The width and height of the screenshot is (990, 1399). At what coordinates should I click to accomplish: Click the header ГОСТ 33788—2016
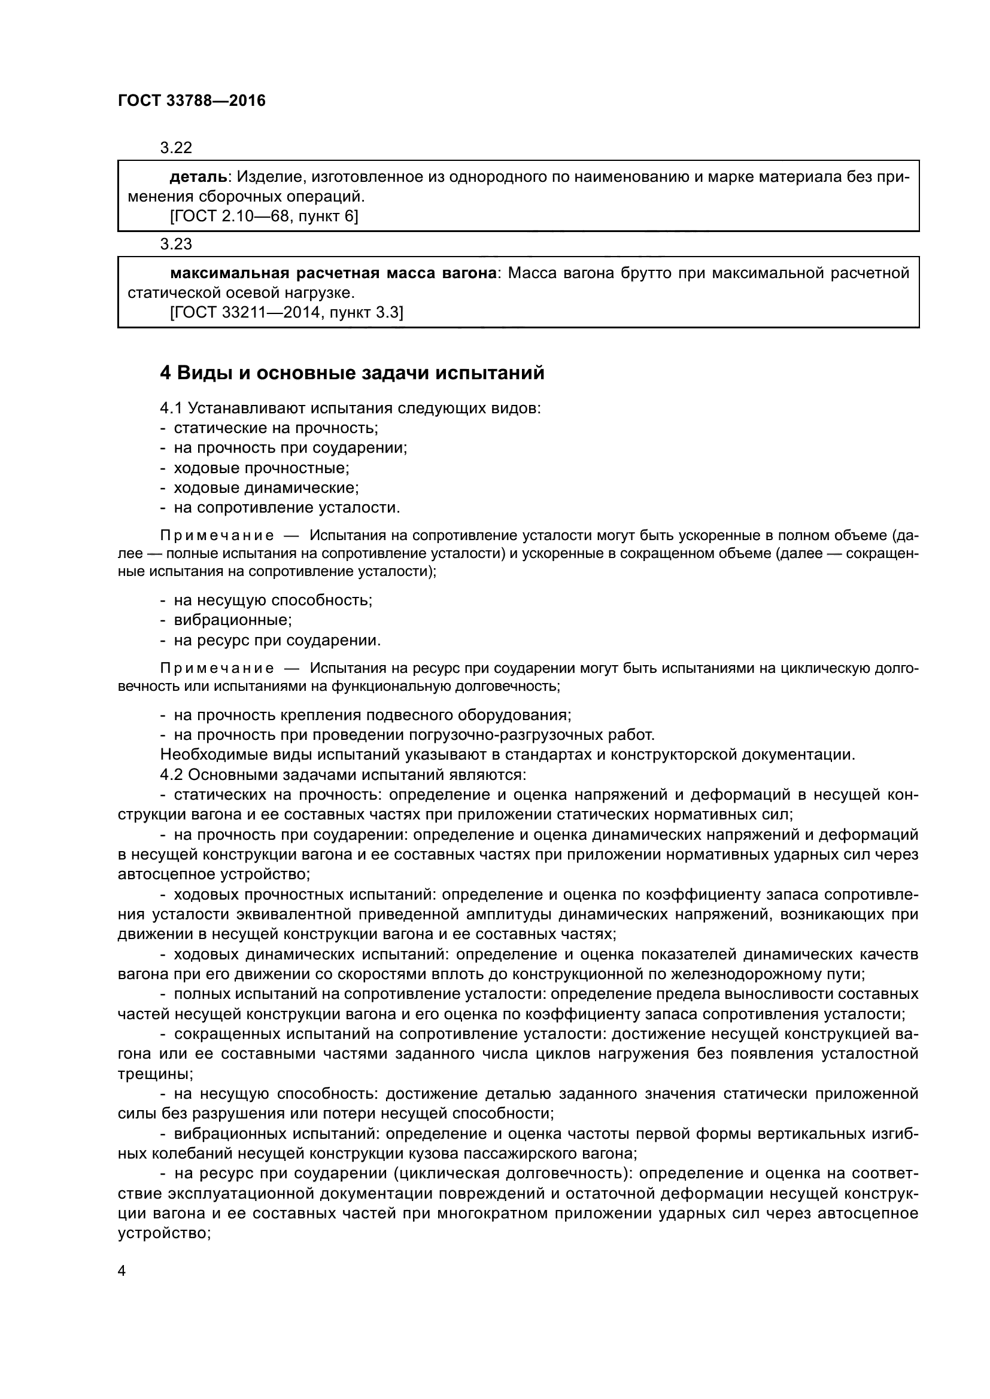(192, 101)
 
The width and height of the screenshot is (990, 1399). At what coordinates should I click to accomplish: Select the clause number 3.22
(175, 148)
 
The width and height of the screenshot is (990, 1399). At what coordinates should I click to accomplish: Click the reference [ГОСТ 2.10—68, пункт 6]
(263, 217)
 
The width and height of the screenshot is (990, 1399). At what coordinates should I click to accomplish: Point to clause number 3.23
(175, 245)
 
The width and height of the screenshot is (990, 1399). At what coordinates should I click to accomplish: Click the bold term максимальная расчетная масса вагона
(333, 273)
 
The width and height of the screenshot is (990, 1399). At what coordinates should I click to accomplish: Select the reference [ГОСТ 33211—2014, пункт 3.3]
(286, 313)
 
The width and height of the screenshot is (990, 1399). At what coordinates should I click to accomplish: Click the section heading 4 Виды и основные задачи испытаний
(352, 373)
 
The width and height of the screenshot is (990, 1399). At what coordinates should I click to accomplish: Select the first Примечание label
(217, 536)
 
